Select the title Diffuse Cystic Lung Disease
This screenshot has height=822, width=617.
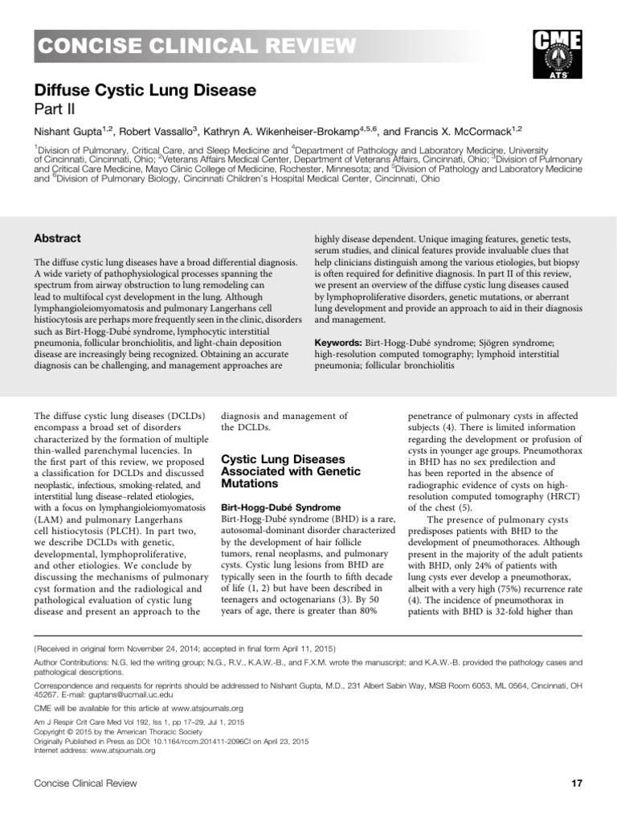pyautogui.click(x=145, y=92)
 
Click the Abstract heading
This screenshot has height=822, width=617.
pyautogui.click(x=58, y=238)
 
